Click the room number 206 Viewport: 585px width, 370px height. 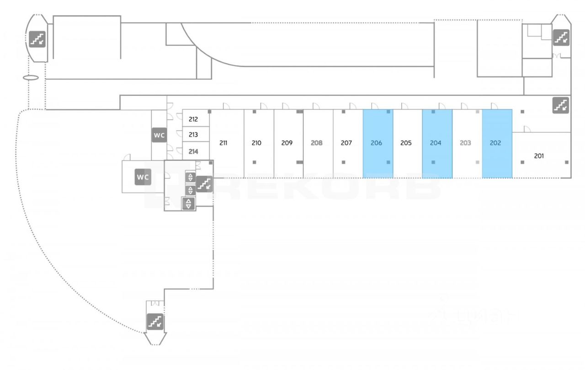376,143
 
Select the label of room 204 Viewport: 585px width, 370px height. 436,143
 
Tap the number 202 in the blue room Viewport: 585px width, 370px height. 495,143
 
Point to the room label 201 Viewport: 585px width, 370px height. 539,156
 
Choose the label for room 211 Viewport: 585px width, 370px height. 223,143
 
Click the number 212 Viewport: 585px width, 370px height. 193,120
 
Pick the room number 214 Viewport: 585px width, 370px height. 193,151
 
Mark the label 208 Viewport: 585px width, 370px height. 316,143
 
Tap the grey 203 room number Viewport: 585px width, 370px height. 465,143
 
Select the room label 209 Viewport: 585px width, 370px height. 287,143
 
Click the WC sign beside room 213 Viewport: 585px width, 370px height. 159,135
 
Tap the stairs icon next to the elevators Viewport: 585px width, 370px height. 204,183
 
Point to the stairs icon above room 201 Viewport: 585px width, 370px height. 561,105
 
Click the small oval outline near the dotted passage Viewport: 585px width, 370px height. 31,78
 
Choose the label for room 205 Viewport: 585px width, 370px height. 406,143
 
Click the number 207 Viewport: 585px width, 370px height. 346,143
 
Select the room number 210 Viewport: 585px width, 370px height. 256,143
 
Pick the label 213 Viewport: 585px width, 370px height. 193,135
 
